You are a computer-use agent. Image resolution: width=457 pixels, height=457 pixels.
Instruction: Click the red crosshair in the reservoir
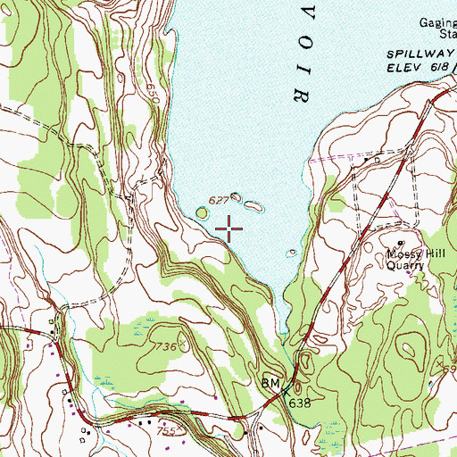click(x=229, y=229)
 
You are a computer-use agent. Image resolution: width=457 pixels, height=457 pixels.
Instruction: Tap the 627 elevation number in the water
click(x=219, y=199)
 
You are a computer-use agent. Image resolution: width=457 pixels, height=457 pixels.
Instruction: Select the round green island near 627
click(x=202, y=212)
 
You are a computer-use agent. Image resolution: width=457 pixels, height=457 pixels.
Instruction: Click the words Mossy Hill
click(x=408, y=253)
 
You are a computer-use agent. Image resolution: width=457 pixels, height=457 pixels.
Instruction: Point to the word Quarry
click(x=409, y=264)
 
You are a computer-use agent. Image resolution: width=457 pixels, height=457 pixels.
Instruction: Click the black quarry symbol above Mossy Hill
click(x=401, y=243)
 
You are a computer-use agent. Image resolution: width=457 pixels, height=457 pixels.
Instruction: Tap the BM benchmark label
click(x=270, y=384)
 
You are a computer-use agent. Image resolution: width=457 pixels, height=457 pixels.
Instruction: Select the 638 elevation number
click(x=299, y=403)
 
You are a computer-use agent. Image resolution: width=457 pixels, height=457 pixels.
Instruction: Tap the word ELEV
click(x=402, y=66)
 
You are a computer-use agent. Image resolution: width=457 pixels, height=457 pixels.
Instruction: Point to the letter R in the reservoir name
click(x=301, y=92)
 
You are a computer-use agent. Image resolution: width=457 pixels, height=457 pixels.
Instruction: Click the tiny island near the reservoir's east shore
click(x=291, y=252)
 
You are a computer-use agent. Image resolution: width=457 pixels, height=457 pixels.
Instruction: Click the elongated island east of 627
click(x=255, y=206)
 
